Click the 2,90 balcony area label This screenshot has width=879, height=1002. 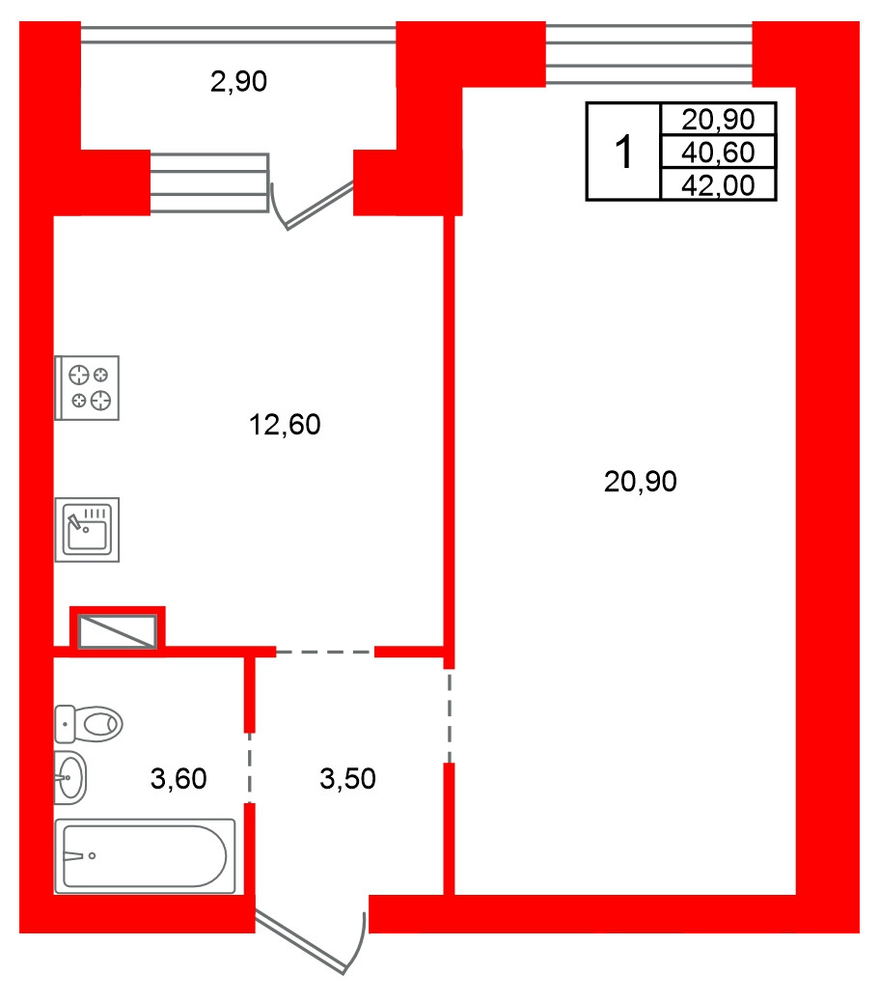[x=238, y=82]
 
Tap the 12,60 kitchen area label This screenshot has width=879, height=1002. [x=285, y=425]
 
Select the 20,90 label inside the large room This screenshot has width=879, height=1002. [x=640, y=482]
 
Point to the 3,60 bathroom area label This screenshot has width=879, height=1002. [x=179, y=779]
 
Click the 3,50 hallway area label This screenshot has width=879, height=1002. [x=347, y=779]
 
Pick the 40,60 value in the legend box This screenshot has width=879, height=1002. [x=718, y=153]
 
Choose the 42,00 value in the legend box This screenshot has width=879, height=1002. [x=718, y=186]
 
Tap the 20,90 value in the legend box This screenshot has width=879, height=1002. [x=718, y=120]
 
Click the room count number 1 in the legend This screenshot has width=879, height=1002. [x=623, y=153]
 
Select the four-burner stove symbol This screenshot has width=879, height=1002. [x=87, y=388]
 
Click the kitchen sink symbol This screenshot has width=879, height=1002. [x=87, y=530]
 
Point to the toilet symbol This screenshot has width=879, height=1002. [x=88, y=724]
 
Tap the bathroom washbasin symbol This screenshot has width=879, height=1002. [x=70, y=778]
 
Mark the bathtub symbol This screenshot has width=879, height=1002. [x=145, y=856]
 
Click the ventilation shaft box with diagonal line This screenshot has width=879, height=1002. [x=118, y=631]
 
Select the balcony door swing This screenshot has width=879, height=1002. [x=313, y=205]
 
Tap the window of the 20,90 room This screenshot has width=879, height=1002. [x=649, y=54]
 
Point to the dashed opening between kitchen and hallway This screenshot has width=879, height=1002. [x=325, y=653]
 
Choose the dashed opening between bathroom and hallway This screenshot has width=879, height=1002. [x=250, y=767]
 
